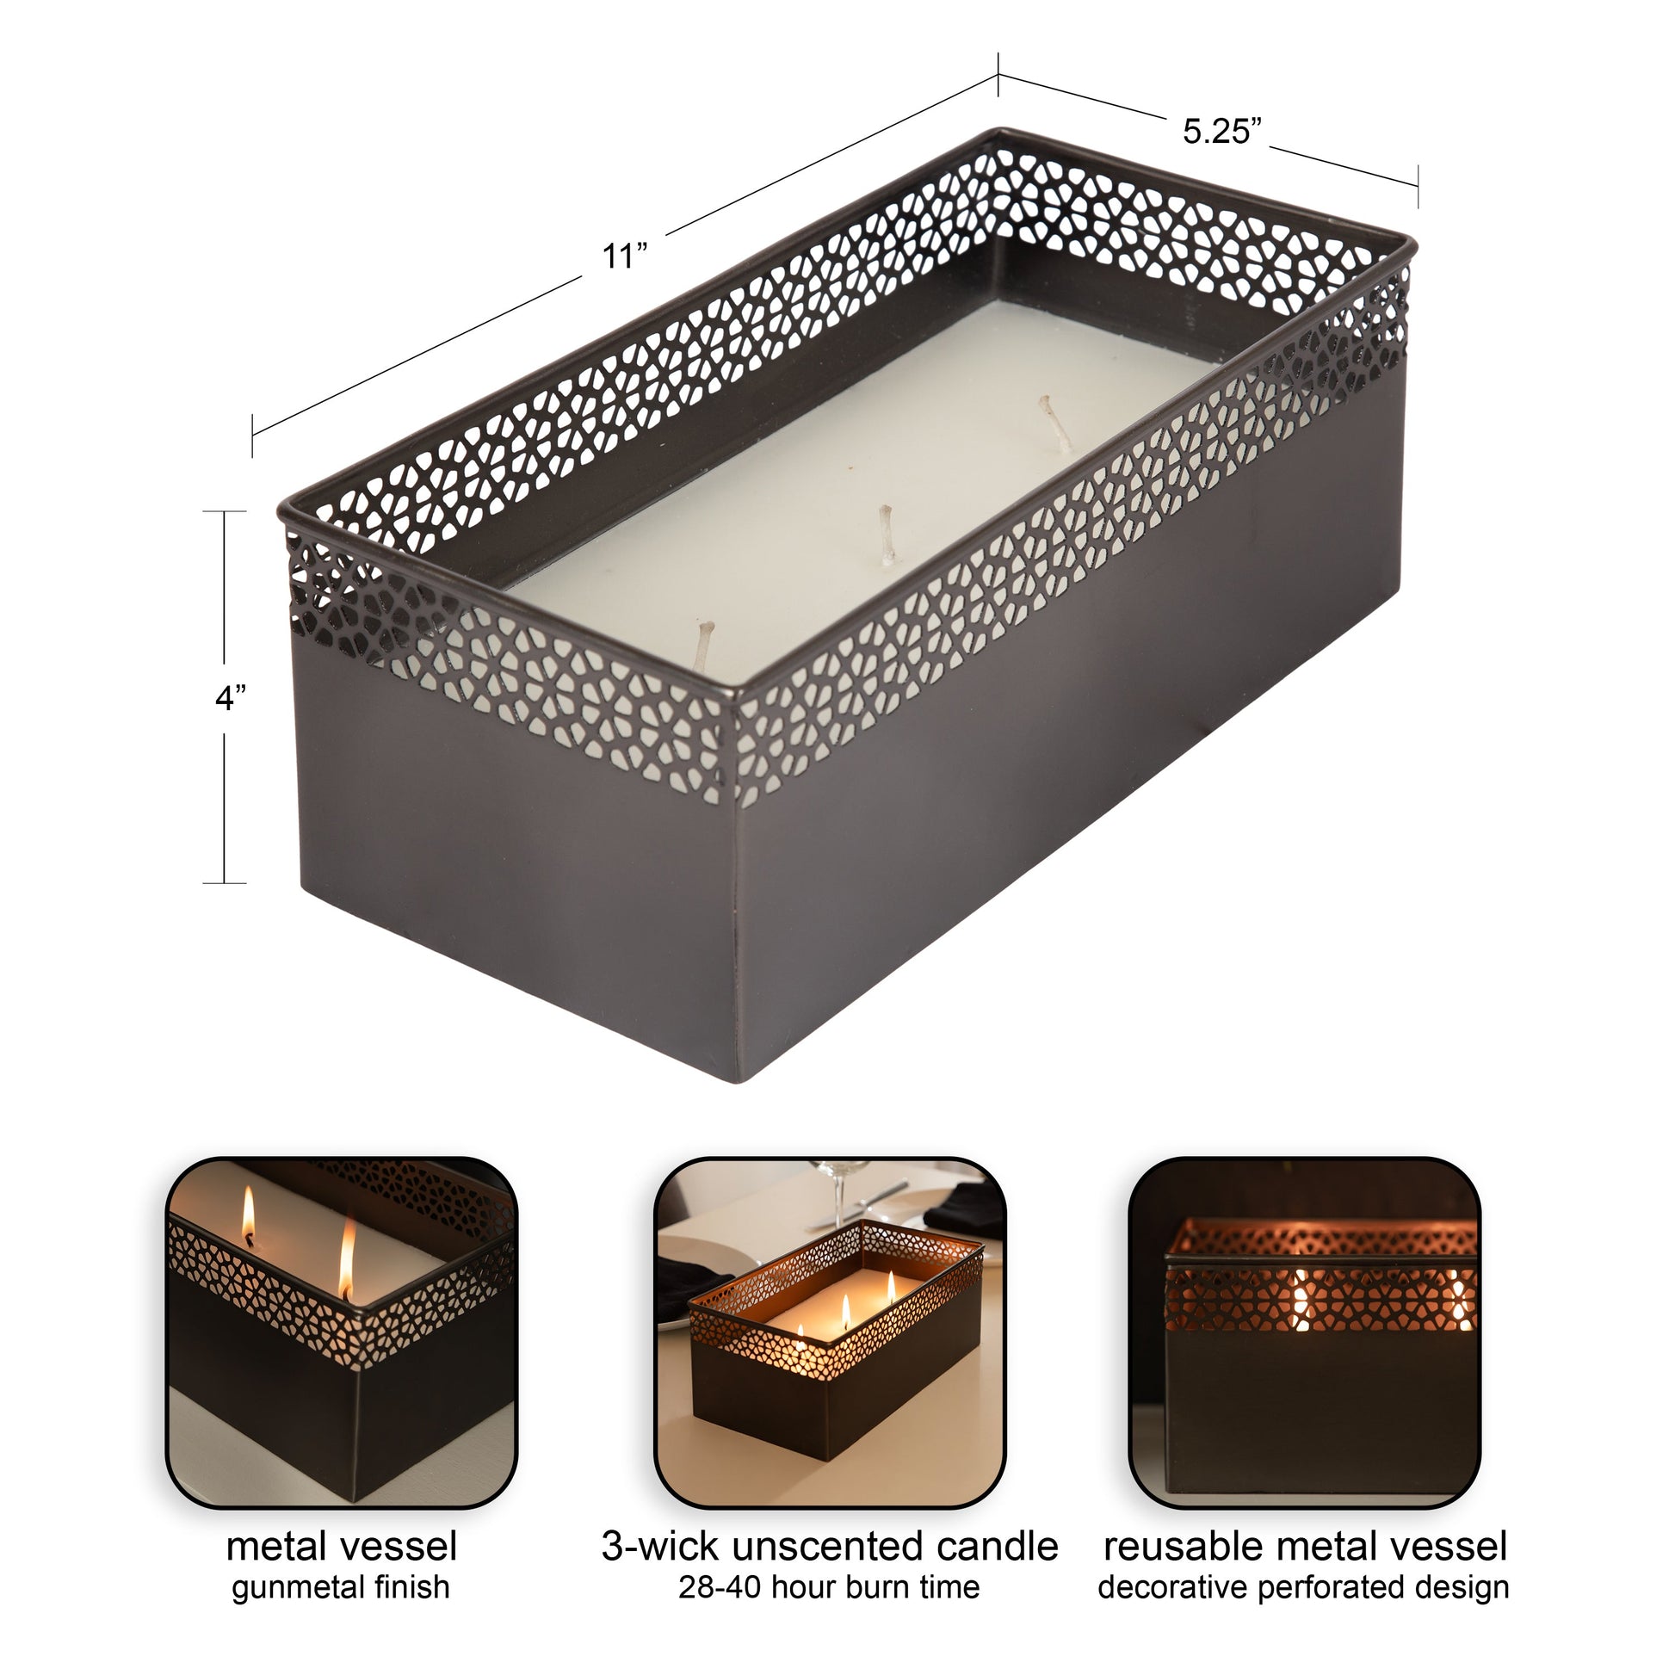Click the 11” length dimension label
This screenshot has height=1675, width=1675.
(x=625, y=256)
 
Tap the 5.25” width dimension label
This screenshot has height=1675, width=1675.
(x=1221, y=131)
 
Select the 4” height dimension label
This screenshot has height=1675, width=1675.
(x=231, y=697)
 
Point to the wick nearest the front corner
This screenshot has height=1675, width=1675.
(x=706, y=645)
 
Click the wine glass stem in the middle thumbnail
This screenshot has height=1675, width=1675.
(x=839, y=1198)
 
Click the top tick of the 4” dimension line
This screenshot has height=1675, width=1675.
(x=225, y=512)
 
